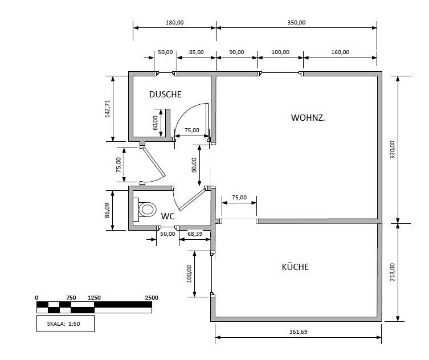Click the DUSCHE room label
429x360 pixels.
(165, 95)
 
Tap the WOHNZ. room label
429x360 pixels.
(308, 118)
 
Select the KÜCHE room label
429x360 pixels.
(295, 267)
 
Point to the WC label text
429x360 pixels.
(167, 216)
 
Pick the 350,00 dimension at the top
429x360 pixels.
(296, 22)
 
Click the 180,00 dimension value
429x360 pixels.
(174, 22)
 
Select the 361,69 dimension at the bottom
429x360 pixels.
(298, 332)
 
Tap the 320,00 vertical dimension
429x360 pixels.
(392, 150)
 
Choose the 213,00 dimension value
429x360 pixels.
(392, 272)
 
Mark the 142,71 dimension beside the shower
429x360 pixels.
(107, 109)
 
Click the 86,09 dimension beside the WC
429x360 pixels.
(107, 210)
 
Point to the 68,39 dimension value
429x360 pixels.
(195, 234)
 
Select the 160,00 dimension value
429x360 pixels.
(340, 52)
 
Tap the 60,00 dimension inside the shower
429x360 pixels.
(156, 123)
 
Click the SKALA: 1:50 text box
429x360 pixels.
(66, 324)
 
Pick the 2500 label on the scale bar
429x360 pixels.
(152, 298)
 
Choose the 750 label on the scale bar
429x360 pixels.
(71, 298)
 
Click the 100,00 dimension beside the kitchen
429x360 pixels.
(189, 273)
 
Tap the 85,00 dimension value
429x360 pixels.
(196, 52)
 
